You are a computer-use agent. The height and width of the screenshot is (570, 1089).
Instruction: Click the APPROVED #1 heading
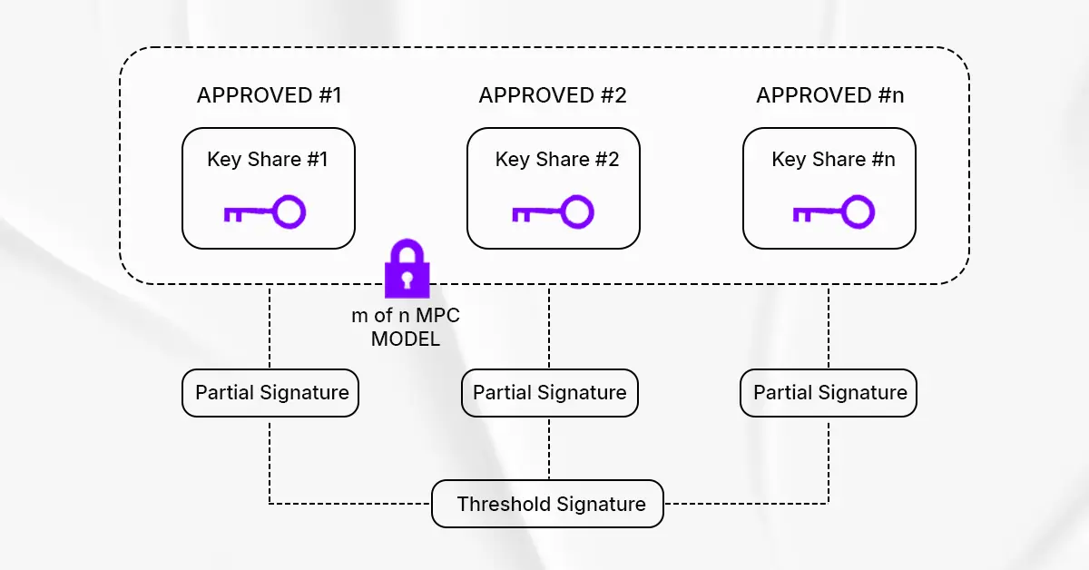point(269,95)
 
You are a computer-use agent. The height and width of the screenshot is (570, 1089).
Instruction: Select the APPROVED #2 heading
point(553,95)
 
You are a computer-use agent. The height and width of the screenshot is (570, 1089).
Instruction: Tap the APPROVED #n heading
point(829,95)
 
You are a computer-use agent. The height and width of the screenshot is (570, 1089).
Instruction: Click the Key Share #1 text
point(267,160)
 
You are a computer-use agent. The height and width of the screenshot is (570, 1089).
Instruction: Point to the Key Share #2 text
point(556,160)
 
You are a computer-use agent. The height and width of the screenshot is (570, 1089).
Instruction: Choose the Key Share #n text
point(833,160)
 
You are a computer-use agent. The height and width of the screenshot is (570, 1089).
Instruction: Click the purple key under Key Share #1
point(264,213)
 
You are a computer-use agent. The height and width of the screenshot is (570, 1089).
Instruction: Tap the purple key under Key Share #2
point(552,213)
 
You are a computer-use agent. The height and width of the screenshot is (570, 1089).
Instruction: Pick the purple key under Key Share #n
point(833,213)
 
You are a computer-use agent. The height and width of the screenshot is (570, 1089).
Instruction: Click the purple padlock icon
point(407,270)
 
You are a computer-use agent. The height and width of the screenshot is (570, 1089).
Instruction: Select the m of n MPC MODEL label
point(406,328)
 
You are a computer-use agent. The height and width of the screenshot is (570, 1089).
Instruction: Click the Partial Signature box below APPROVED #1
point(270,393)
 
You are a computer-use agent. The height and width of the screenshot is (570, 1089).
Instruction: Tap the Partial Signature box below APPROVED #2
point(549,393)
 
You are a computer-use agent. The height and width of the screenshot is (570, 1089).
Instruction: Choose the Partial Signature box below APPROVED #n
point(829,393)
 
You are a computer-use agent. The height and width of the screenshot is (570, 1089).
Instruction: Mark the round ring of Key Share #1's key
point(289,212)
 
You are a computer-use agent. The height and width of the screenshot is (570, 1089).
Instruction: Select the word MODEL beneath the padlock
point(406,339)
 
